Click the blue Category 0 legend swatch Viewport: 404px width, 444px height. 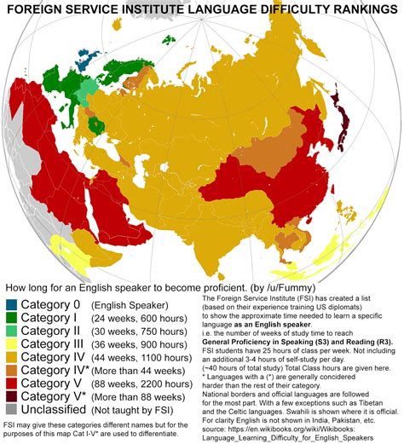11,304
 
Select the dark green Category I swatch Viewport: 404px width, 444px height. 11,318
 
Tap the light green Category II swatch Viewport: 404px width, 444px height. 11,332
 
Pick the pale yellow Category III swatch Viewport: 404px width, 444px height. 11,345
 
